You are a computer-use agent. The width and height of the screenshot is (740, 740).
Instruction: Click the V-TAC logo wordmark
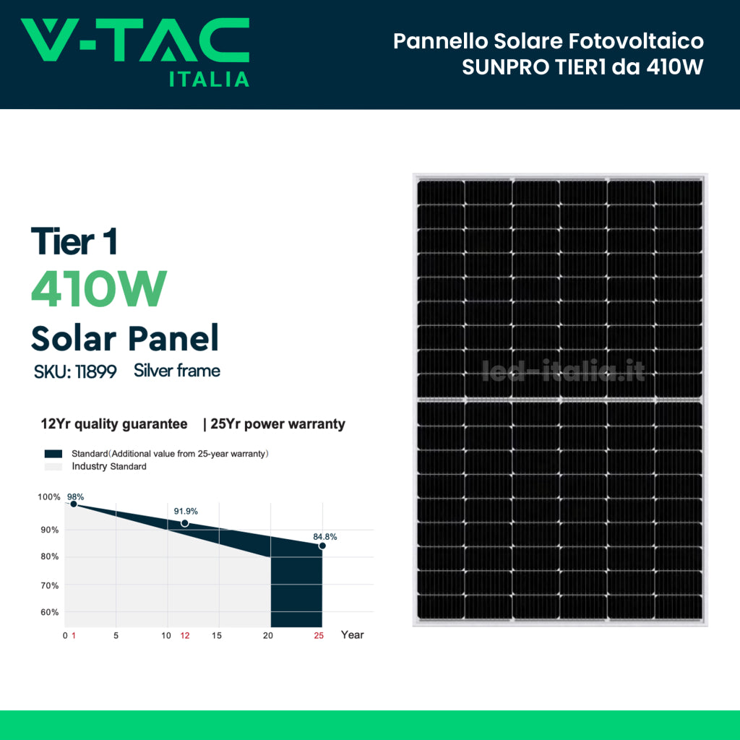pyautogui.click(x=135, y=40)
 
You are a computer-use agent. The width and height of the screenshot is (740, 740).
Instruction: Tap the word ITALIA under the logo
pyautogui.click(x=210, y=79)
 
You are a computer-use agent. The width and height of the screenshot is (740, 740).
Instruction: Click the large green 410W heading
pyautogui.click(x=99, y=289)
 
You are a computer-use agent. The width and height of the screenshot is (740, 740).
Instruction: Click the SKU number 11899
pyautogui.click(x=96, y=373)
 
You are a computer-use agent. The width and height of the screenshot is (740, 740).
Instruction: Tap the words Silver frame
pyautogui.click(x=177, y=371)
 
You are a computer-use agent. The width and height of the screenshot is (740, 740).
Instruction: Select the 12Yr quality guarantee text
pyautogui.click(x=114, y=424)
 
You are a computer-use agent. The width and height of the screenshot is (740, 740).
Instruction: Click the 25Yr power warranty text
pyautogui.click(x=277, y=424)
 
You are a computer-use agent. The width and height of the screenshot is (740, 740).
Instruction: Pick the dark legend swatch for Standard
pyautogui.click(x=54, y=454)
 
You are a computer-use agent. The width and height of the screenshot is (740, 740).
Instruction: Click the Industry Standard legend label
pyautogui.click(x=109, y=467)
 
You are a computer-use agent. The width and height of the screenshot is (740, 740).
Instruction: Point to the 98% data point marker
pyautogui.click(x=73, y=504)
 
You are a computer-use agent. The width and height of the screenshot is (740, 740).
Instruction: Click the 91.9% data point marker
pyautogui.click(x=185, y=522)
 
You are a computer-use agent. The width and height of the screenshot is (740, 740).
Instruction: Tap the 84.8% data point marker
pyautogui.click(x=322, y=546)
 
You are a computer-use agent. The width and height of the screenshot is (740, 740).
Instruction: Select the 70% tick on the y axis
pyautogui.click(x=49, y=585)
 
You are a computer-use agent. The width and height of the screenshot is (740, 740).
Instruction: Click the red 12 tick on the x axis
pyautogui.click(x=185, y=635)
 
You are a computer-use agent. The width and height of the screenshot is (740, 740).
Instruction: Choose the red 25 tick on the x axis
pyautogui.click(x=319, y=635)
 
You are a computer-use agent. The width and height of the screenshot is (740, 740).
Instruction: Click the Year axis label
pyautogui.click(x=353, y=635)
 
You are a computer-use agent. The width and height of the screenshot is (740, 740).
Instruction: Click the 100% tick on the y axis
pyautogui.click(x=49, y=497)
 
